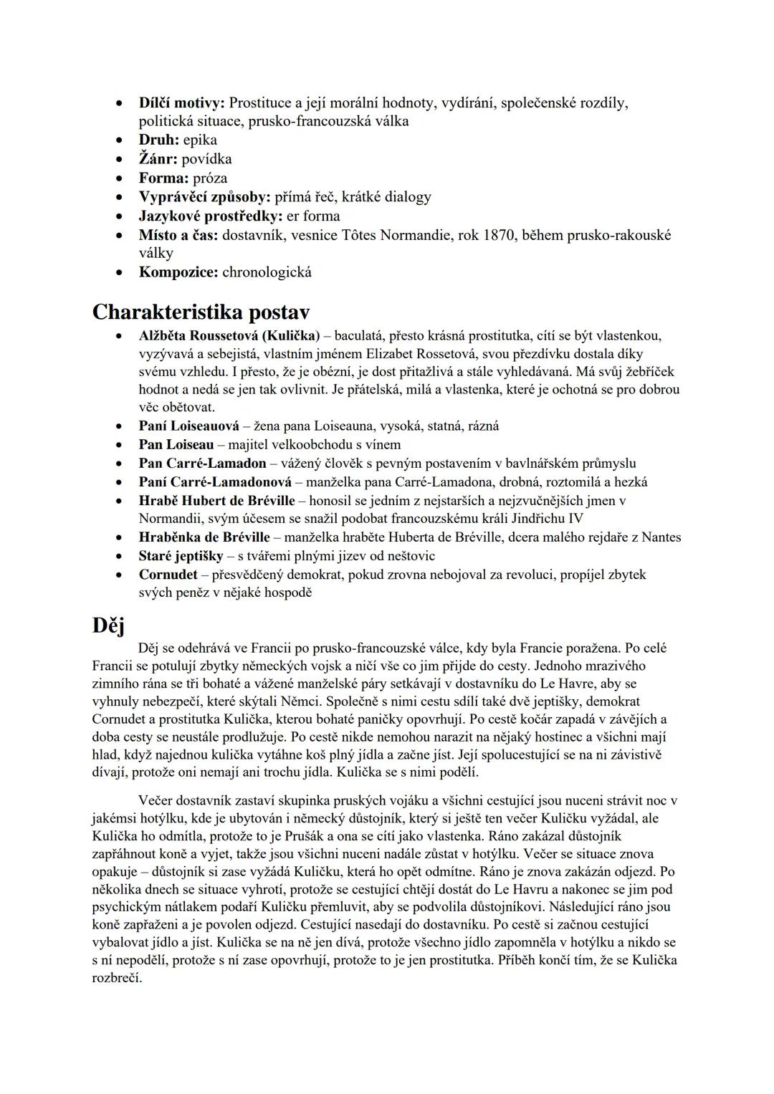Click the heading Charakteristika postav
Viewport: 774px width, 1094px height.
[x=201, y=312]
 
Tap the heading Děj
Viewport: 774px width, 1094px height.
[x=108, y=625]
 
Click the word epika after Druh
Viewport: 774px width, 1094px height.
[x=200, y=140]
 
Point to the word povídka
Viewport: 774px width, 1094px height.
[x=206, y=159]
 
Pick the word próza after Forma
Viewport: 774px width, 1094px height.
[x=210, y=178]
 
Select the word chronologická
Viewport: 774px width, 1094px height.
[x=267, y=272]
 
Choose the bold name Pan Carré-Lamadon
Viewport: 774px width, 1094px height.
[x=203, y=464]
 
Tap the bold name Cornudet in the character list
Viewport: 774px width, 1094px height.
[x=168, y=575]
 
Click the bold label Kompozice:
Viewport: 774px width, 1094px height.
[x=178, y=272]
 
